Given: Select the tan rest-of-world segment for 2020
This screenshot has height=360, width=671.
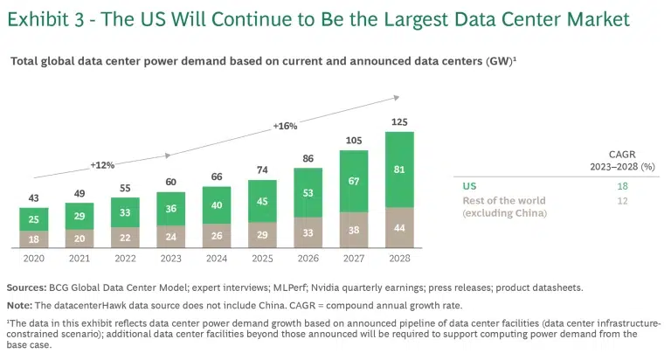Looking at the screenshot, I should coord(34,239).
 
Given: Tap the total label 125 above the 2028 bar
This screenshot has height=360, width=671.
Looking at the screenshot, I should coord(399,121).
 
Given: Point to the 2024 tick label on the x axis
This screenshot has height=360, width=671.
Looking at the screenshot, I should coord(217,260).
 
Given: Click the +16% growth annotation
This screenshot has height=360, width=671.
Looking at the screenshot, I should coord(285,126).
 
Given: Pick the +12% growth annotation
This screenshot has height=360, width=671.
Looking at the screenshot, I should coord(102,164).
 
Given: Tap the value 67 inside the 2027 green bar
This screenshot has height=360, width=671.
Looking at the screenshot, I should coord(354,180).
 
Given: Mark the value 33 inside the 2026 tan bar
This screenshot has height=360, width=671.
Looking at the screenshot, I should coord(308,232).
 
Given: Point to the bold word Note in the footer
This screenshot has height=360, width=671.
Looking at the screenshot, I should coord(20,305).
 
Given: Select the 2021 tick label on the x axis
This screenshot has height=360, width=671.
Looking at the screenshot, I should coord(80,260).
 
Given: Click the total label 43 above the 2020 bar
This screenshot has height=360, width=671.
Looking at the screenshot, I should coord(34,198).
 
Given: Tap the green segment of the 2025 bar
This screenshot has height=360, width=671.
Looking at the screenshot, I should coord(262,199).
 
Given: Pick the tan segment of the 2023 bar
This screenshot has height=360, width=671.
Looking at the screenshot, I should coord(171,235).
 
